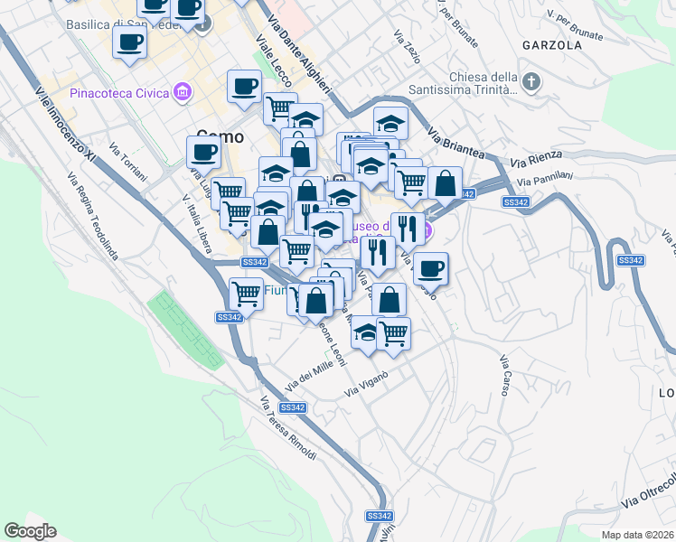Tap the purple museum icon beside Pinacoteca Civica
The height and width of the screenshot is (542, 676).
[184, 92]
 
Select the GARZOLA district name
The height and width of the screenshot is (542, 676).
[551, 44]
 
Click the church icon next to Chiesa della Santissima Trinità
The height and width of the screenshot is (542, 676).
[531, 82]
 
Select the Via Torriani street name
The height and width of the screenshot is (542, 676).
[127, 161]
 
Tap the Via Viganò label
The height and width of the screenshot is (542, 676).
[366, 384]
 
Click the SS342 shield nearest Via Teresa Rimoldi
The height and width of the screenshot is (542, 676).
[293, 407]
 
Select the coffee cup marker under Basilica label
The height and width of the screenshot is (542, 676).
[130, 42]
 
